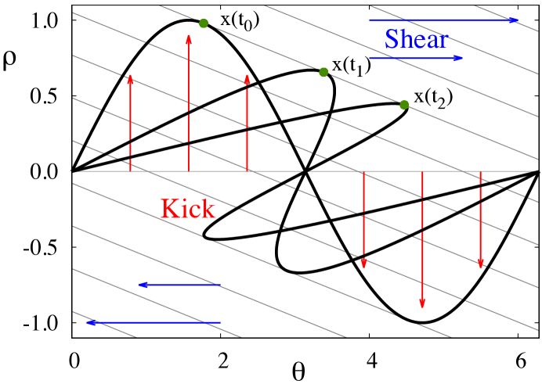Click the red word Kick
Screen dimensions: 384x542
(188, 209)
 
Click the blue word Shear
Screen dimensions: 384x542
(416, 39)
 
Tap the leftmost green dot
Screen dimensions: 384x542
(204, 23)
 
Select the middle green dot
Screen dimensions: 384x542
(323, 72)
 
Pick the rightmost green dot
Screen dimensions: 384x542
(404, 105)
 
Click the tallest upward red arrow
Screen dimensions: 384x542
(189, 102)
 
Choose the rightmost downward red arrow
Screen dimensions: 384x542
(481, 220)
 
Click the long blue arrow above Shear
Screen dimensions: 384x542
(443, 20)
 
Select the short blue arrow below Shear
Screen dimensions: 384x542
(416, 58)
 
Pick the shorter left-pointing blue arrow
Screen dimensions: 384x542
(179, 285)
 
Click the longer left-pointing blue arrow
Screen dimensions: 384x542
(154, 322)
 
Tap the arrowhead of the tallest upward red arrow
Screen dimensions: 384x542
(189, 38)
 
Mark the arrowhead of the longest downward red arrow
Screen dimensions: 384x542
(422, 303)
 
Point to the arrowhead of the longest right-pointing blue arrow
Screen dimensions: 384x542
(513, 20)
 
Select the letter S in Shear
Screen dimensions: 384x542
(392, 39)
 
